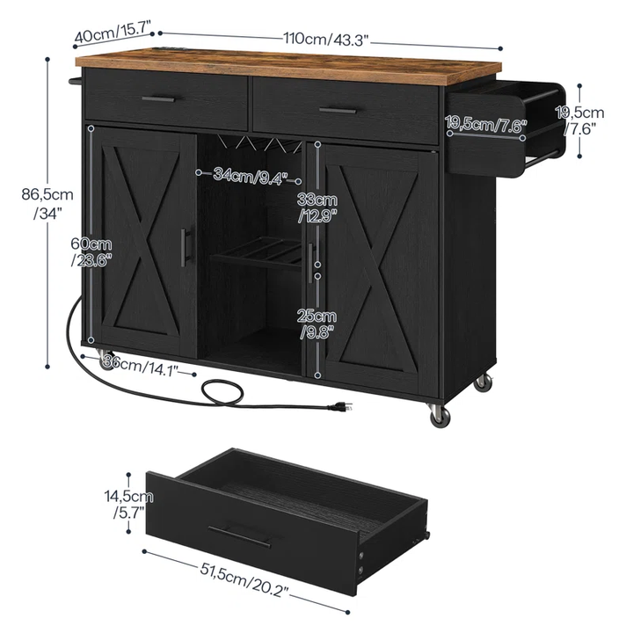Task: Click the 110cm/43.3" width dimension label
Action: (326, 40)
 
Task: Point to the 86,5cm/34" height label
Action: (47, 203)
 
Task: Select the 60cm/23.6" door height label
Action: (91, 252)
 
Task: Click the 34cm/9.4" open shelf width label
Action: (251, 176)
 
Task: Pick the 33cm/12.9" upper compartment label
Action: (317, 207)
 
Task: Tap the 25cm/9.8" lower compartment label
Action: (317, 324)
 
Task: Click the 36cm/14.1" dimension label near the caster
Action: (141, 366)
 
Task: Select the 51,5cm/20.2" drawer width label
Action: (244, 579)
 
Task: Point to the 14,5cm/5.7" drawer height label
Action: (128, 504)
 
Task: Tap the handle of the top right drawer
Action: (338, 110)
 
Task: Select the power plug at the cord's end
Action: (340, 407)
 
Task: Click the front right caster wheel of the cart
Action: (440, 416)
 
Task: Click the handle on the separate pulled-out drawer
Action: (239, 535)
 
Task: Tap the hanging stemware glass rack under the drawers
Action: (260, 143)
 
